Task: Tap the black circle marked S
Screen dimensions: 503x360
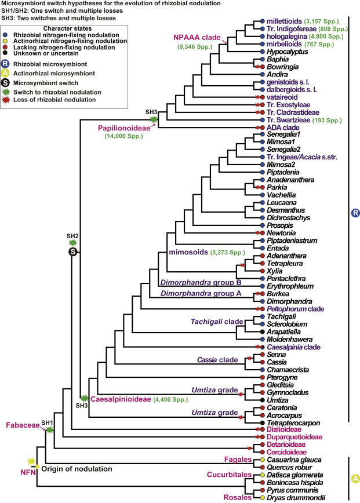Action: click(x=72, y=251)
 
